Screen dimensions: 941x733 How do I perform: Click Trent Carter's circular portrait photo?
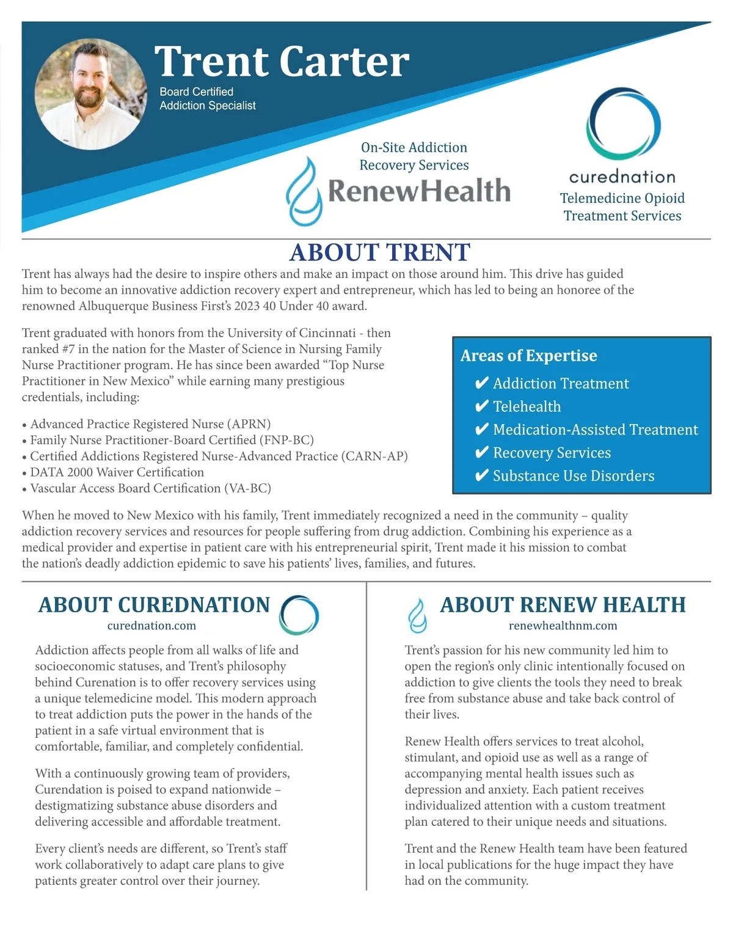(90, 94)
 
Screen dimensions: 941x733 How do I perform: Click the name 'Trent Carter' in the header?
(282, 61)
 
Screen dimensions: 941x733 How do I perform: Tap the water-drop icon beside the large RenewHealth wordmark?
(304, 191)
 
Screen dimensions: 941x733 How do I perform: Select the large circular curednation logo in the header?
(623, 123)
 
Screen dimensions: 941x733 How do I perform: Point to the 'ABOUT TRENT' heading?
(379, 252)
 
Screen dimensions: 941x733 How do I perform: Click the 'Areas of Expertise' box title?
(528, 356)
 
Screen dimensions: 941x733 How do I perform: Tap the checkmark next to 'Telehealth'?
(481, 406)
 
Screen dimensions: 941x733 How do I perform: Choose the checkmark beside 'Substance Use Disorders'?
(481, 476)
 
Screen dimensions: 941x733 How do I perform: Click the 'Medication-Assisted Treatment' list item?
(595, 430)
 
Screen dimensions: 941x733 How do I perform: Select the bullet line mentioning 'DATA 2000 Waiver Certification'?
(117, 472)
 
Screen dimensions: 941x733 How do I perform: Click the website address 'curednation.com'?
(151, 626)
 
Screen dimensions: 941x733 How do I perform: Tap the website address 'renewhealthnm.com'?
(563, 626)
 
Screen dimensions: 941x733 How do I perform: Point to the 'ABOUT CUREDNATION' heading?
(154, 605)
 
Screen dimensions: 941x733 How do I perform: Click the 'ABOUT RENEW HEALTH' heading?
(563, 605)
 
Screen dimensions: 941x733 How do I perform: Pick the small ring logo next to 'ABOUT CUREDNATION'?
(299, 615)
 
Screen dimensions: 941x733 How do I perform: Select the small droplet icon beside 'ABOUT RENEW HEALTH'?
(417, 615)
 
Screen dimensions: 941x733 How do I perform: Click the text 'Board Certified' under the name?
(196, 92)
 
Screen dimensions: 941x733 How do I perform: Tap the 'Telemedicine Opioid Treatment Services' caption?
(622, 207)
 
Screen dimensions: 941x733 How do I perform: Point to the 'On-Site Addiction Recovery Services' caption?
(414, 156)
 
